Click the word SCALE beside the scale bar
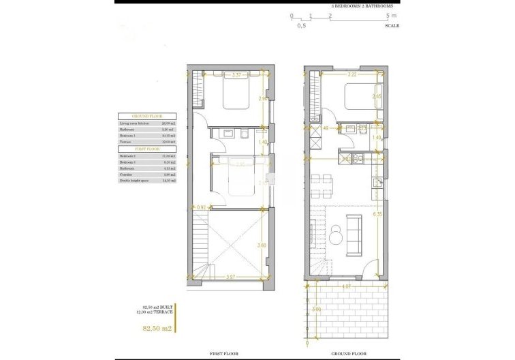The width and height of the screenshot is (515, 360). (392, 25)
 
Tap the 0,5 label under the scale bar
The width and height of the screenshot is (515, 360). (301, 26)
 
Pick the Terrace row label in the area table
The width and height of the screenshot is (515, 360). (127, 142)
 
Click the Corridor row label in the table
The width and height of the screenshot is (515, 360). (127, 174)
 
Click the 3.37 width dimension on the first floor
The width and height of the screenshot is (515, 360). (236, 75)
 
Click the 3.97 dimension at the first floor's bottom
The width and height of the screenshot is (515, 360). (232, 277)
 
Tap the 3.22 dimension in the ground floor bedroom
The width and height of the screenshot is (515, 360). (352, 75)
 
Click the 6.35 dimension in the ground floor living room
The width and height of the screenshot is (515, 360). (377, 213)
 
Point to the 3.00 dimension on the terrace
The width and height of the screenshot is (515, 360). (316, 310)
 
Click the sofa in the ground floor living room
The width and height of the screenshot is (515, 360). (354, 225)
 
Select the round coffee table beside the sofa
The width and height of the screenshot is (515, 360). (337, 236)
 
